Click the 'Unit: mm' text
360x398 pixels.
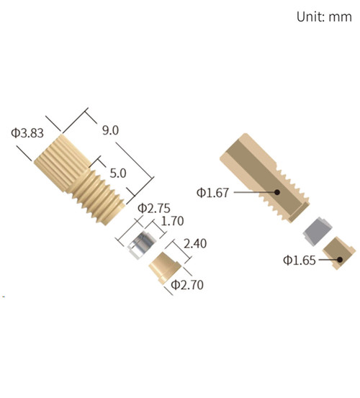pyautogui.click(x=323, y=17)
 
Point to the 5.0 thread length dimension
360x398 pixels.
pyautogui.click(x=117, y=173)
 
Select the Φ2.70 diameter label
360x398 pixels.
pyautogui.click(x=187, y=286)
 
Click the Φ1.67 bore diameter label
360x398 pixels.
pyautogui.click(x=213, y=192)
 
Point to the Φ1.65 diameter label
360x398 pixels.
pyautogui.click(x=299, y=259)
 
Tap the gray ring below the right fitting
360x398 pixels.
pyautogui.click(x=316, y=232)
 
